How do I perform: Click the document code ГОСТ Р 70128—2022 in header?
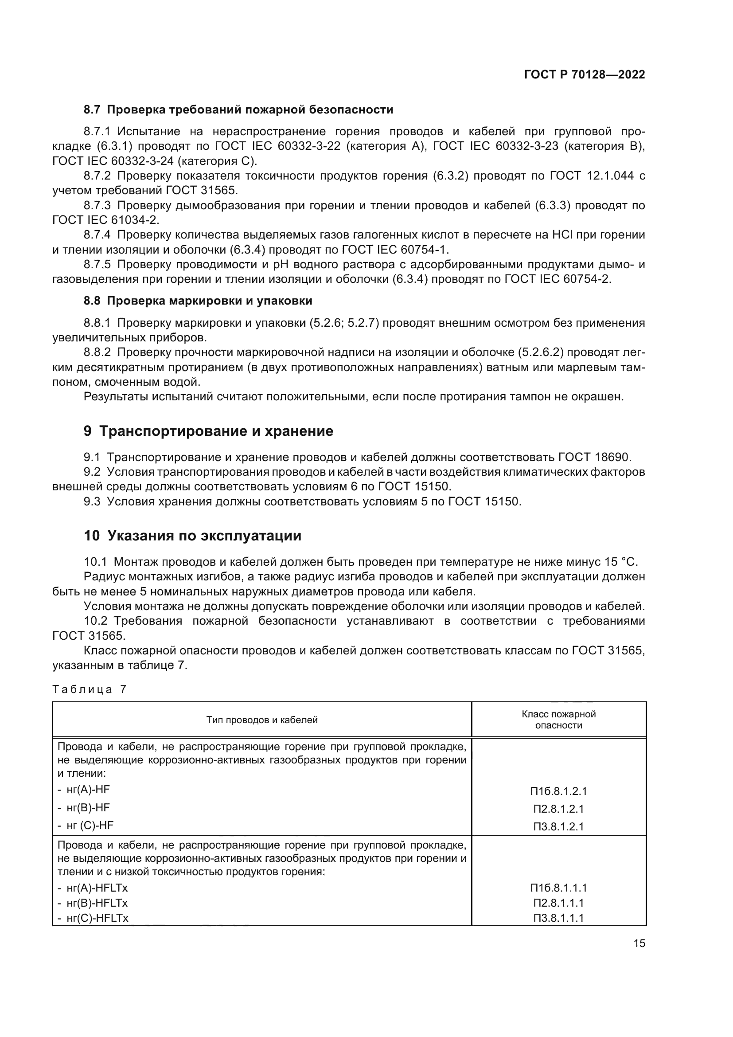coord(584,74)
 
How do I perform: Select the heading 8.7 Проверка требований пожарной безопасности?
coord(238,110)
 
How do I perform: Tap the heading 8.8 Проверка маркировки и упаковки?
coord(198,301)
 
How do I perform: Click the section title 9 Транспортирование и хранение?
coord(208,431)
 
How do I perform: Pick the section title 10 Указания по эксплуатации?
coord(192,536)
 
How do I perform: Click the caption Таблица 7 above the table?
coord(90,689)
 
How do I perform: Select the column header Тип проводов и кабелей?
coord(262,720)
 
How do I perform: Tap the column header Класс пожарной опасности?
coord(558,720)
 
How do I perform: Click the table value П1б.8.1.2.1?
coord(558,791)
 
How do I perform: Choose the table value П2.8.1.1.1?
coord(558,903)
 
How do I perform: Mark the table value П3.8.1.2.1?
coord(558,826)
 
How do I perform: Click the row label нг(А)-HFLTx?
coord(97,888)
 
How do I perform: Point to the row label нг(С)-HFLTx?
coord(97,918)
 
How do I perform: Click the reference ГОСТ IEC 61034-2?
coord(105,220)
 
